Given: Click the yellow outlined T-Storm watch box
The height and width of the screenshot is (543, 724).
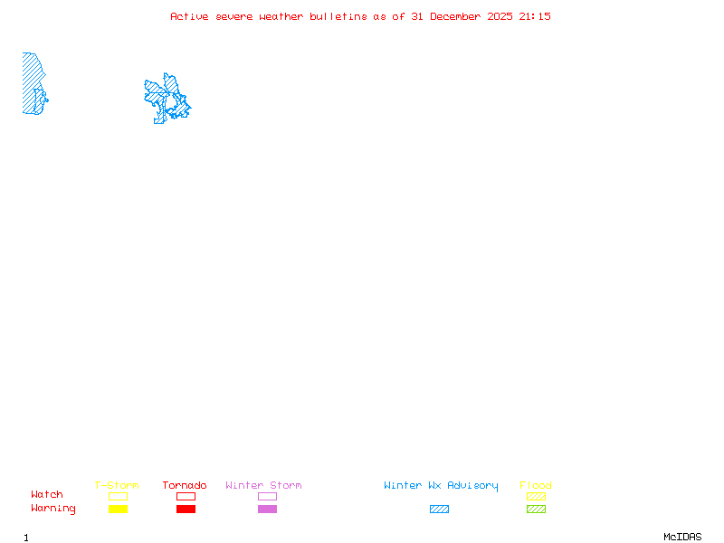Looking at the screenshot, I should click(118, 496).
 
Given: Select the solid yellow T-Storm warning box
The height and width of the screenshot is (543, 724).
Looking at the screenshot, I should click(118, 509).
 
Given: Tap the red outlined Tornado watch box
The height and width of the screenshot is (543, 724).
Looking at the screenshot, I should click(186, 496).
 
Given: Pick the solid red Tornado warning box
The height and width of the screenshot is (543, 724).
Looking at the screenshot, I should click(186, 509).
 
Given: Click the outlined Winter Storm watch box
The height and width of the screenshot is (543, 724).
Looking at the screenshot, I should click(267, 496).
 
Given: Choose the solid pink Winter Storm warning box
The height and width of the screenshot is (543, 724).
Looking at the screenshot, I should click(267, 509).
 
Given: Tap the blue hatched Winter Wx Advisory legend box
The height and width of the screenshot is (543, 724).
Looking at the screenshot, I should click(439, 509).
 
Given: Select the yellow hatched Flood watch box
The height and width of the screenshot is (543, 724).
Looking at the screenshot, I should click(536, 496).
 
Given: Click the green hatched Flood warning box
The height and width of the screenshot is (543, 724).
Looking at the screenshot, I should click(536, 509).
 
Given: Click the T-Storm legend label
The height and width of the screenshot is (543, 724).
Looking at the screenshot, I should click(117, 485).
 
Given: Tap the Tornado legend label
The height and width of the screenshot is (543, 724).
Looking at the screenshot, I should click(185, 485).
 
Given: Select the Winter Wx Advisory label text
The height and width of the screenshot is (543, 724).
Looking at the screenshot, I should click(441, 485).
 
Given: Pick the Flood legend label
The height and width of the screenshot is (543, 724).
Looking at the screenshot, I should click(536, 485).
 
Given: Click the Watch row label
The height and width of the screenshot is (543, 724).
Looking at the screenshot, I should click(47, 494).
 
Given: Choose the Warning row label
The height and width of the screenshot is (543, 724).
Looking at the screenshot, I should click(52, 509).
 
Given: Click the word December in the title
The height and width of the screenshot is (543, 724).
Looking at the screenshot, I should click(458, 16).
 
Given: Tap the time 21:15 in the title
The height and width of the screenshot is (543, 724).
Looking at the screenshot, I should click(535, 16).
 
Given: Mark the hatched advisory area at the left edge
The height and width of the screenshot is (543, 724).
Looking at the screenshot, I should click(32, 81).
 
